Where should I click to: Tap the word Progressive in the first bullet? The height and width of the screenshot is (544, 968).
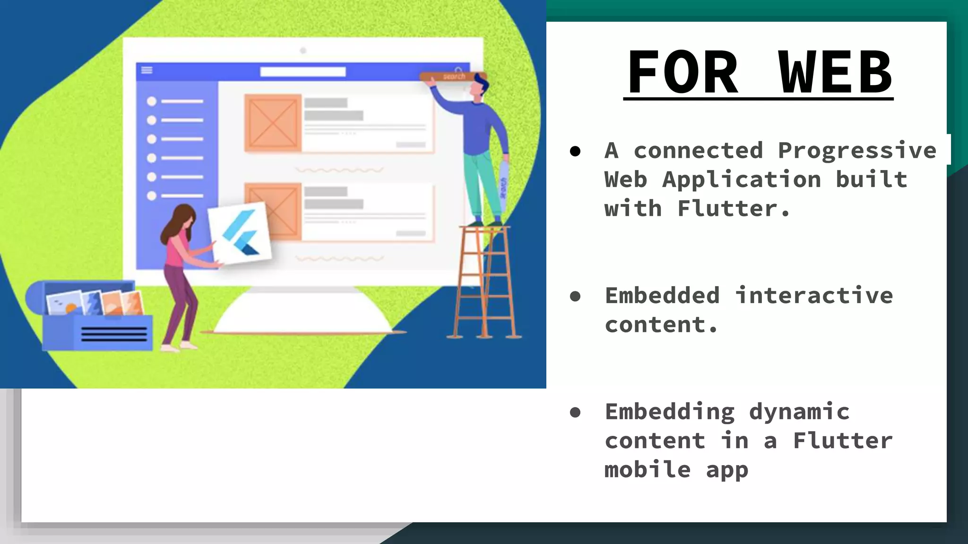[857, 151]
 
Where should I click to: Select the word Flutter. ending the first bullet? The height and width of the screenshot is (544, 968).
[733, 209]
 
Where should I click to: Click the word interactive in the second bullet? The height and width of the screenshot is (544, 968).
[814, 296]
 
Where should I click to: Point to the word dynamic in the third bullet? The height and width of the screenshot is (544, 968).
[799, 412]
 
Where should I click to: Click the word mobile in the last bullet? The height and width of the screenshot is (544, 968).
[647, 470]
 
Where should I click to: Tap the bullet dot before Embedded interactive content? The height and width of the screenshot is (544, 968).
[575, 297]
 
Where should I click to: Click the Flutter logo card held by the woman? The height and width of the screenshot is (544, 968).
[240, 233]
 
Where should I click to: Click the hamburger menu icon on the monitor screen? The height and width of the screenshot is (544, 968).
[147, 70]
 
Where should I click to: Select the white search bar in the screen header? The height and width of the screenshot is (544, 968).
[303, 72]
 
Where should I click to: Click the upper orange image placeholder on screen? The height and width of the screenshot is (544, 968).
[273, 123]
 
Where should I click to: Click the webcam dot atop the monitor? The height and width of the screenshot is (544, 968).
[303, 51]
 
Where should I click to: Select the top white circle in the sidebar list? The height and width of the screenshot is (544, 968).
[152, 101]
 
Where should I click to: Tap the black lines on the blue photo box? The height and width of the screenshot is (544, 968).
[114, 334]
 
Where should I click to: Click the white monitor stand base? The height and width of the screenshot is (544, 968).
[303, 316]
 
